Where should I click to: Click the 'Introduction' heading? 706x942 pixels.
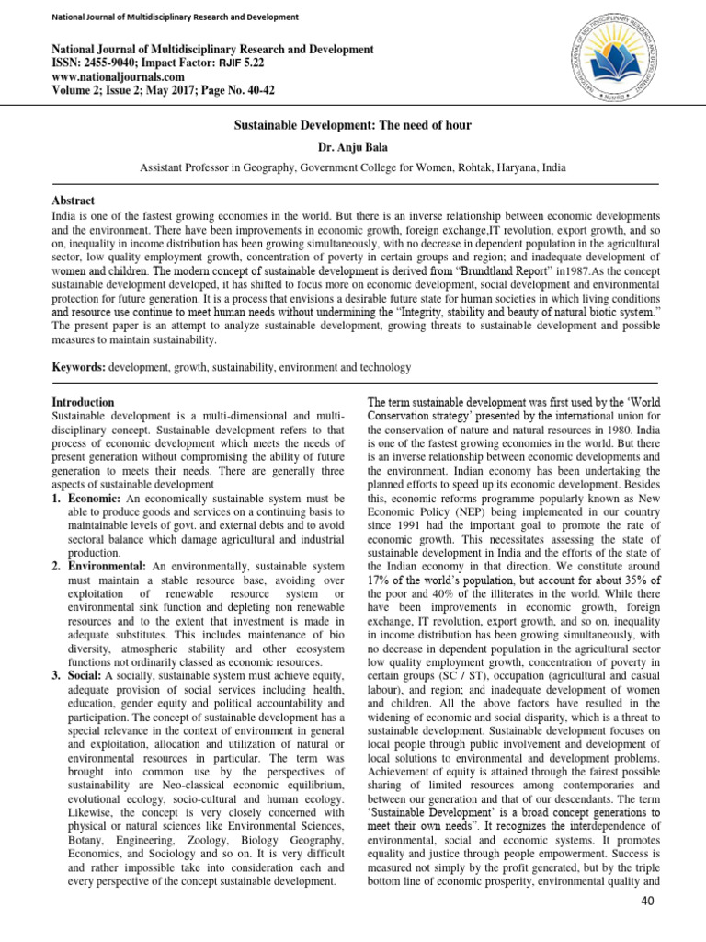pyautogui.click(x=84, y=402)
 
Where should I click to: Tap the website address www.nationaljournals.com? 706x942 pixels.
pyautogui.click(x=108, y=79)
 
